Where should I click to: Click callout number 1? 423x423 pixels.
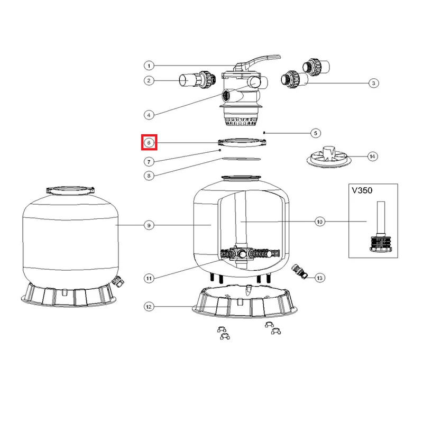point(149,66)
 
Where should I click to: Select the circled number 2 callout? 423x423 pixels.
point(149,81)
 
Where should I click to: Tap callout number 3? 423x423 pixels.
point(373,83)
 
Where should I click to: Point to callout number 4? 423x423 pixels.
point(149,114)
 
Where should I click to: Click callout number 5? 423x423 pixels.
point(316,133)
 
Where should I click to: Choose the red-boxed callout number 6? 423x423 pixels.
point(149,142)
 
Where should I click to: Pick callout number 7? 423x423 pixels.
point(149,161)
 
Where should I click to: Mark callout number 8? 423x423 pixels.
point(149,176)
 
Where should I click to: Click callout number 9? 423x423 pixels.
point(149,225)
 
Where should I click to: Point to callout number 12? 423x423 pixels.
point(149,306)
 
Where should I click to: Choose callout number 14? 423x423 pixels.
point(373,156)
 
